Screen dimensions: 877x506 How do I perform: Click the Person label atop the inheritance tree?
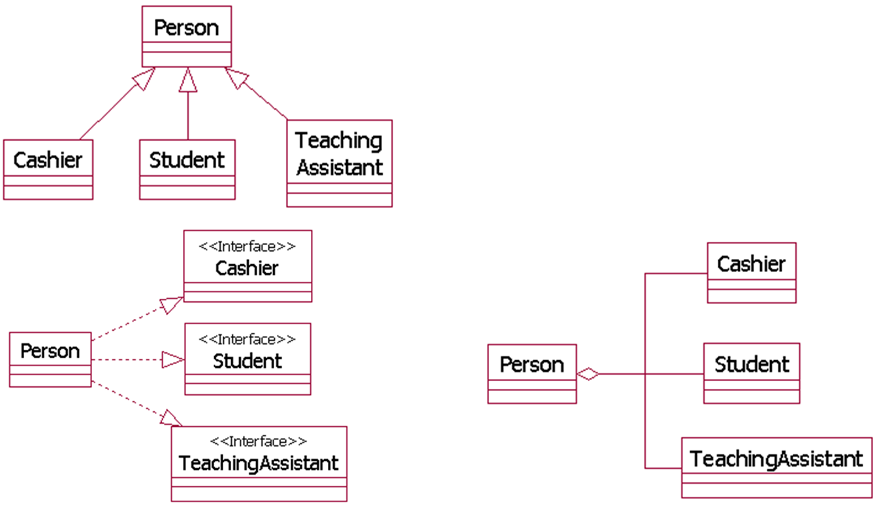click(186, 28)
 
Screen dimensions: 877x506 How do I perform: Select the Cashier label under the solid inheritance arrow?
click(48, 160)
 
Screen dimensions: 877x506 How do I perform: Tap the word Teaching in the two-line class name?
click(339, 141)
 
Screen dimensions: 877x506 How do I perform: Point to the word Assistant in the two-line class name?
click(340, 167)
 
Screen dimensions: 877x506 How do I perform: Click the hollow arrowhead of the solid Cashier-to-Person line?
click(144, 78)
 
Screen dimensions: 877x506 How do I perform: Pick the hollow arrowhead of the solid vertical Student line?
click(188, 80)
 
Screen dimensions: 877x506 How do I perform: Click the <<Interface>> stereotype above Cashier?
click(247, 246)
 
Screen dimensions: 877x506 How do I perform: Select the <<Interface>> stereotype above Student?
click(247, 339)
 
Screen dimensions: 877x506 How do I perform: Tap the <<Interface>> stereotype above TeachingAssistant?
click(259, 441)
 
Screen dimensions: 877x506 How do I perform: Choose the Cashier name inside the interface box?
click(247, 269)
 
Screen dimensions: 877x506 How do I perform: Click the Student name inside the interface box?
click(247, 361)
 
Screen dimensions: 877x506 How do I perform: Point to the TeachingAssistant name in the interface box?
click(259, 464)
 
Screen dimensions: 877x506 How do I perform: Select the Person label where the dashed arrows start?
click(50, 351)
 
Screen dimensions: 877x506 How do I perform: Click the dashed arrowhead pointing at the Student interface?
click(173, 360)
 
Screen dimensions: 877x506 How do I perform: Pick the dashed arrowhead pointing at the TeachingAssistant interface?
click(171, 418)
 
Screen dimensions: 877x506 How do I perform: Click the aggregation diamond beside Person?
click(588, 374)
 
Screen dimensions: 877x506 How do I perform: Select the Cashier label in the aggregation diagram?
click(752, 264)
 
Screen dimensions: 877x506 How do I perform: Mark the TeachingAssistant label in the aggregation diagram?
click(776, 459)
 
